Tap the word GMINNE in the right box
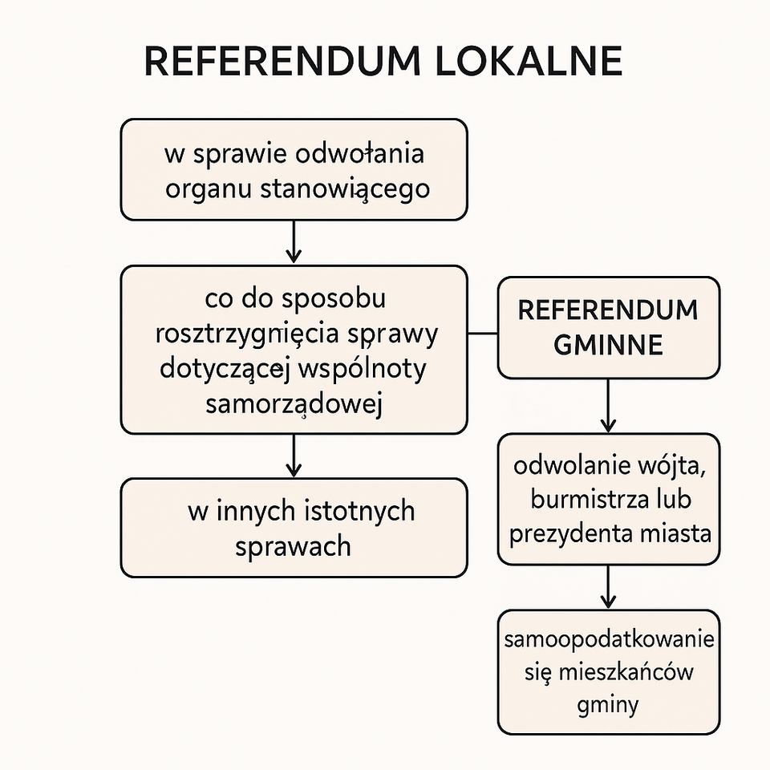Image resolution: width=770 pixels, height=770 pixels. click(608, 345)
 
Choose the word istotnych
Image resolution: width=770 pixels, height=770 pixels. click(360, 511)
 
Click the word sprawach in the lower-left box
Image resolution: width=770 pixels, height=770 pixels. click(294, 546)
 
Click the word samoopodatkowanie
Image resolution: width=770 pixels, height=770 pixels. click(609, 642)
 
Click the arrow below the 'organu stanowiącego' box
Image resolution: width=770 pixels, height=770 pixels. click(294, 242)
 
